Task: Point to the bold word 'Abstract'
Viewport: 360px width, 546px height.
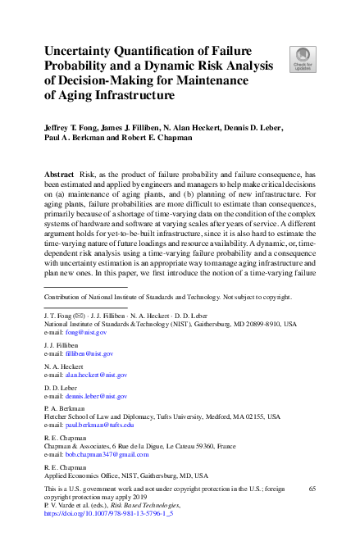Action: pyautogui.click(x=60, y=176)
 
